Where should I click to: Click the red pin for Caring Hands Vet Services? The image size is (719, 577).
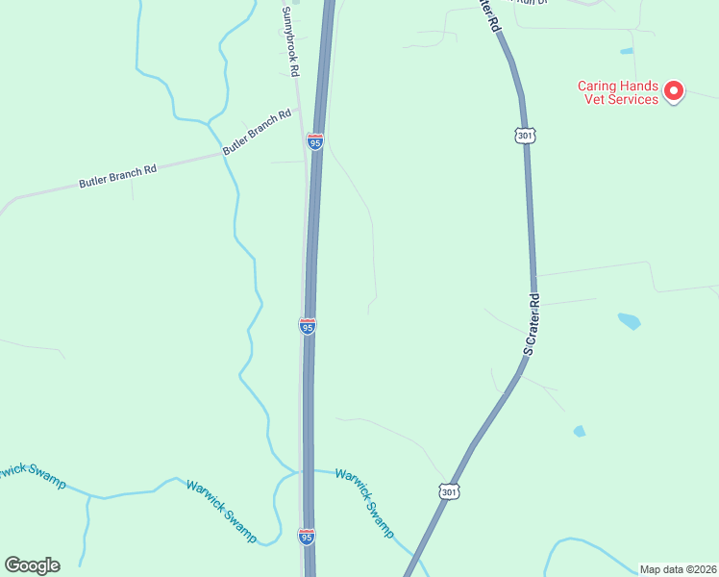(674, 91)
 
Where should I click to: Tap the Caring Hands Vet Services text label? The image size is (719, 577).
(618, 92)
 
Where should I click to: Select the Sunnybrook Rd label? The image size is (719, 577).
(289, 42)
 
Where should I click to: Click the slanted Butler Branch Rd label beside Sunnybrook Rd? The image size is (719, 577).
(257, 133)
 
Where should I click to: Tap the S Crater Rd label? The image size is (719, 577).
(533, 325)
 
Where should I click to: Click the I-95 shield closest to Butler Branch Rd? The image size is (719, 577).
(315, 142)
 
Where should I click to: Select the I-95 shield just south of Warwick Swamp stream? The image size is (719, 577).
(307, 537)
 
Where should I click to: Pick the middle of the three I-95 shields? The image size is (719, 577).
(308, 327)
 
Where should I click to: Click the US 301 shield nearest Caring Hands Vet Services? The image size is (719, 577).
(524, 135)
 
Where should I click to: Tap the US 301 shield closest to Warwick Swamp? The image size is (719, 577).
(449, 491)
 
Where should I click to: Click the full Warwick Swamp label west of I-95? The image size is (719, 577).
(221, 512)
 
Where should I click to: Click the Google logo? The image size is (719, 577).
(32, 565)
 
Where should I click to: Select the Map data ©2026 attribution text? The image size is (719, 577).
(679, 569)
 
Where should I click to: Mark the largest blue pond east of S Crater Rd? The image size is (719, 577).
(629, 320)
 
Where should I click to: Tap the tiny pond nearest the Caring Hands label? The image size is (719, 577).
(627, 50)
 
